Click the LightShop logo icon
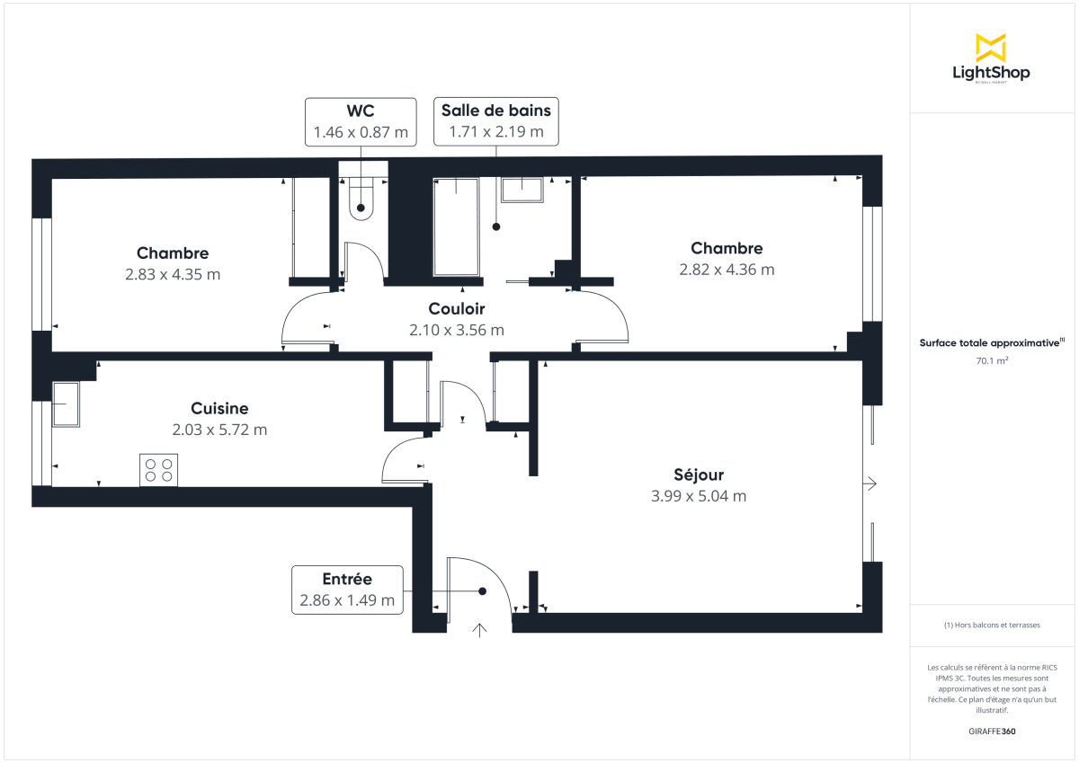(990, 48)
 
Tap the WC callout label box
(361, 121)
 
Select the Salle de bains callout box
(495, 121)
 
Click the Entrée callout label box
(347, 590)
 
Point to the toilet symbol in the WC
(361, 198)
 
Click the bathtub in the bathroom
(457, 226)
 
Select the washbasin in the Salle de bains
(522, 190)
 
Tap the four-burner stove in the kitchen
(158, 470)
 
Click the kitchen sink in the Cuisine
(66, 404)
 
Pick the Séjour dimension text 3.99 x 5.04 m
(699, 496)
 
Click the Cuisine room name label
(219, 408)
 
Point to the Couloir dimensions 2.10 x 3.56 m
(457, 330)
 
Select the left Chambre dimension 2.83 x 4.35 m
(173, 274)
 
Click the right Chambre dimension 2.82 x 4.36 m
(727, 269)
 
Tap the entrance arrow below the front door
(479, 630)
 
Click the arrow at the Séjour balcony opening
(869, 484)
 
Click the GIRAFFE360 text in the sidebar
(992, 731)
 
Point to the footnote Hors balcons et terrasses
(992, 625)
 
